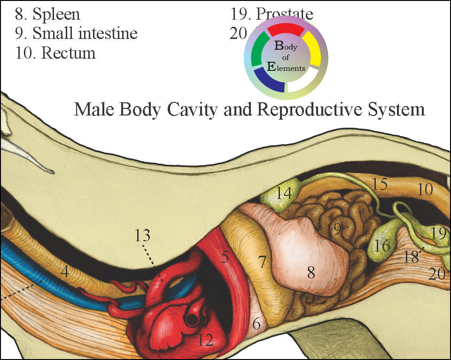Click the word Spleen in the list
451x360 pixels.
pos(56,14)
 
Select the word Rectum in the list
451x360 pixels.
pos(68,53)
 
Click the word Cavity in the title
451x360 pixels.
pos(194,109)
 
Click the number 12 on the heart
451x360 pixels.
pos(205,339)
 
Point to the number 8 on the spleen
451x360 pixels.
pos(311,272)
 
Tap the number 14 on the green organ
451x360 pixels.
pos(284,193)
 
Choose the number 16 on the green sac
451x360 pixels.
pos(383,245)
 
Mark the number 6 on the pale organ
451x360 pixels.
pos(256,323)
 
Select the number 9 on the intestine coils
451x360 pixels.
pos(337,229)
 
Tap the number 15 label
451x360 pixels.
pos(380,184)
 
